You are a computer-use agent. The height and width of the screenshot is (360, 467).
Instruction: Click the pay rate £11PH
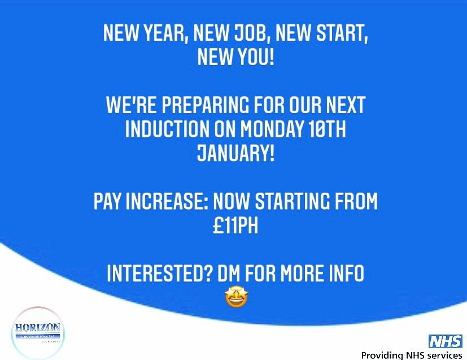(x=234, y=225)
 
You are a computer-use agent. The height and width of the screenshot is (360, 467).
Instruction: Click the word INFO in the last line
(x=342, y=274)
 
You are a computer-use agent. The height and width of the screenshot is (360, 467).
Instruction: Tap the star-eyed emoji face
(x=236, y=297)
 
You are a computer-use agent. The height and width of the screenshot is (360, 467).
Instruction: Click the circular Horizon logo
(x=38, y=333)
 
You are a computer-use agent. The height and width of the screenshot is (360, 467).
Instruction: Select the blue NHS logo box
(x=446, y=341)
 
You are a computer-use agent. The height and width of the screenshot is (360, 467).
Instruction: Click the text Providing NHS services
(x=412, y=355)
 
